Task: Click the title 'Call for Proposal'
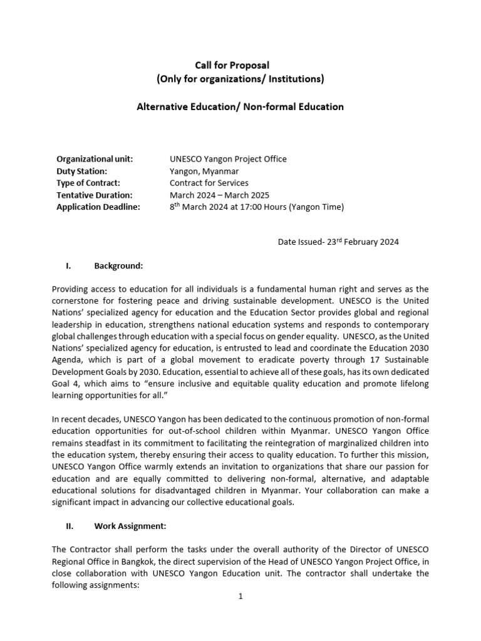click(x=240, y=65)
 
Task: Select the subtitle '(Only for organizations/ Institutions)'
click(x=240, y=79)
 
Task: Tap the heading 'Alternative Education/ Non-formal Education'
click(x=240, y=107)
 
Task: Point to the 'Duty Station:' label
click(x=82, y=171)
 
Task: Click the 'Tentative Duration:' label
click(x=94, y=195)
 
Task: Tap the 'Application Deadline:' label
click(x=98, y=207)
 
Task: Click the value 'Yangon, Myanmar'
click(x=204, y=171)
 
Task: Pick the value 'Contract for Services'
click(x=209, y=183)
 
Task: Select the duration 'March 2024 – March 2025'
click(x=220, y=195)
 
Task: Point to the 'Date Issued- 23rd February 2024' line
click(x=338, y=242)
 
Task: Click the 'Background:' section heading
click(x=118, y=266)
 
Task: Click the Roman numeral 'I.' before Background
click(x=68, y=266)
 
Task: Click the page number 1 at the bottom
click(x=240, y=597)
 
